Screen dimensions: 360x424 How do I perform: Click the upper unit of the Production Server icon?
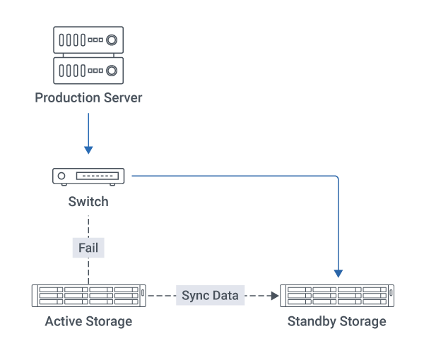click(88, 40)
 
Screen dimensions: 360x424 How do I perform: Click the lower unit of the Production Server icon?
click(88, 70)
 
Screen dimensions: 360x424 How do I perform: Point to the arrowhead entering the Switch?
click(88, 150)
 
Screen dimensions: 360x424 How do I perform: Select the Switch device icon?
click(88, 176)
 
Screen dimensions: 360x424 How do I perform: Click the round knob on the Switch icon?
click(62, 176)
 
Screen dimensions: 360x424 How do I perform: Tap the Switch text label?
click(88, 202)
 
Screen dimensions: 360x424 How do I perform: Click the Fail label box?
click(88, 248)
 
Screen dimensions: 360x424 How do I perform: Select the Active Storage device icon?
click(88, 295)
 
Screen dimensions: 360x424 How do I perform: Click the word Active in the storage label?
click(63, 322)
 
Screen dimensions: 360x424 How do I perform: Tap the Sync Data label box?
click(210, 295)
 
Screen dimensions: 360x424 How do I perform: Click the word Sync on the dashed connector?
click(195, 295)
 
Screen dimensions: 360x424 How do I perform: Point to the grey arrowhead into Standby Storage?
click(276, 295)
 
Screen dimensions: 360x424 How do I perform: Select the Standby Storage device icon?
click(337, 295)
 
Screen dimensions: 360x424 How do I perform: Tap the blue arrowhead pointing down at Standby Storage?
click(338, 272)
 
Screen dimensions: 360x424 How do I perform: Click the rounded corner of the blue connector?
click(336, 178)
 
